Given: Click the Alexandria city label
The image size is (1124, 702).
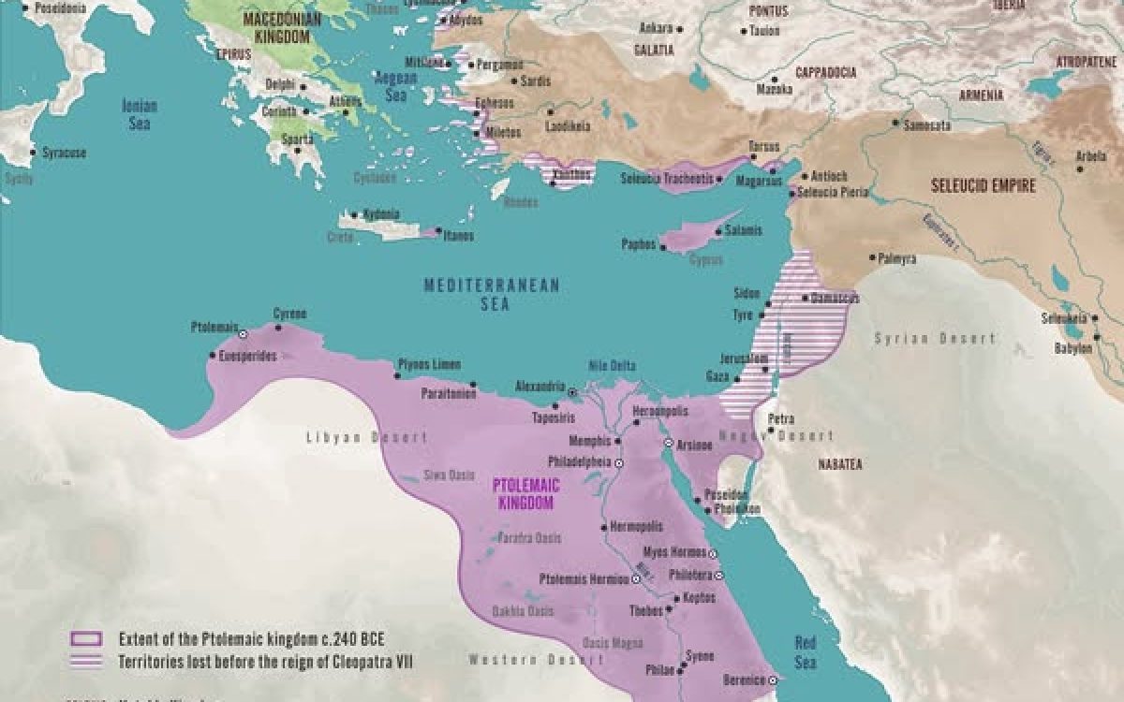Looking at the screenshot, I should pos(540,386).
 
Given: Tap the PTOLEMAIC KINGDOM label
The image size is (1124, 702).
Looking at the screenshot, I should pos(526,495).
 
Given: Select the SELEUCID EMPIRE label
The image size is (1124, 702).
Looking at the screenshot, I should pos(983,186).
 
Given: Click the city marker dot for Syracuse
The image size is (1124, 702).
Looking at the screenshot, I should pos(34,152).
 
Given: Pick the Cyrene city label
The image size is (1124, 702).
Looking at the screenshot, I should pos(289,314).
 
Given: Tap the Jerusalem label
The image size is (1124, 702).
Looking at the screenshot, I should pos(745,358).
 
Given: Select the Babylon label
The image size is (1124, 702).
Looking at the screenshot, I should pos(1072,347).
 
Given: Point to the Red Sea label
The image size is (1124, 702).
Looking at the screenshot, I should pos(806,652).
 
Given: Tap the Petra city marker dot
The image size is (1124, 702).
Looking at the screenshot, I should pos(770,430).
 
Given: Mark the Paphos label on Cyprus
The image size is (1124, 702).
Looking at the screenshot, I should pos(641,243).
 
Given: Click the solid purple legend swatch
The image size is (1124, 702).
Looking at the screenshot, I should pos(87,639).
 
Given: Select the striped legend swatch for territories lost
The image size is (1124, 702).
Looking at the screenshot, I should pos(87,662).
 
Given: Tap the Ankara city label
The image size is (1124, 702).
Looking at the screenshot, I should pos(656,28).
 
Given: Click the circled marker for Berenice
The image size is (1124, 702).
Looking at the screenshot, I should pos(772,680).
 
